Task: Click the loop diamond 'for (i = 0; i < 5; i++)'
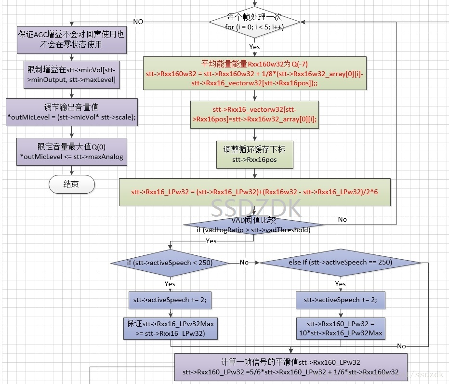click(254, 22)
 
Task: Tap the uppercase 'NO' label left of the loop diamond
click(138, 22)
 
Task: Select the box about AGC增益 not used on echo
click(71, 40)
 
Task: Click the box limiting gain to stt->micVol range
click(71, 75)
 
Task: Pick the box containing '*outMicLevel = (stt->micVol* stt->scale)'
click(71, 112)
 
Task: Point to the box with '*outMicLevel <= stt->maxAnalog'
click(71, 152)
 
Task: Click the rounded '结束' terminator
click(72, 184)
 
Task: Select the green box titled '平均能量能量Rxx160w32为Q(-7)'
click(254, 73)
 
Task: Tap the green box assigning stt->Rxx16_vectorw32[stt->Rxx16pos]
click(254, 115)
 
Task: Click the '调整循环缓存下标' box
click(254, 154)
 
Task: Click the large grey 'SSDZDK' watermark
click(256, 209)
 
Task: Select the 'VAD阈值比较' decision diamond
click(254, 225)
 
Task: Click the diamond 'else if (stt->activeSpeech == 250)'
click(340, 263)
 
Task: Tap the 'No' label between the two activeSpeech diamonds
click(244, 263)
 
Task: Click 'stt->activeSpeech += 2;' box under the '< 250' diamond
click(170, 300)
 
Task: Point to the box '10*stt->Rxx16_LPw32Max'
click(341, 328)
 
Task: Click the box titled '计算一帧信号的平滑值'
click(291, 367)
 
